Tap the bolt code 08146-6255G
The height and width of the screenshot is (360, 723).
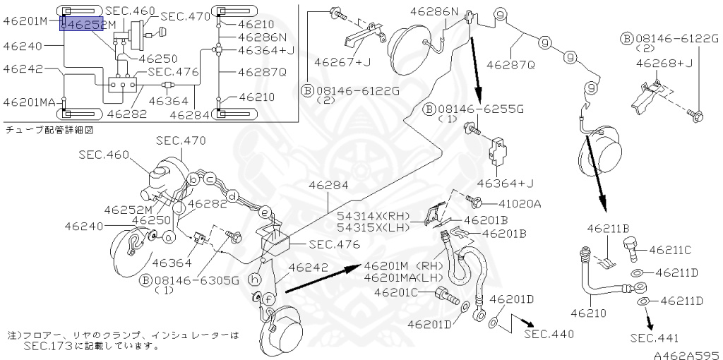(x=483, y=109)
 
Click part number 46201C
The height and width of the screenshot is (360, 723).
(x=397, y=292)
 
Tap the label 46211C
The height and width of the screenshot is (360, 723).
(x=670, y=250)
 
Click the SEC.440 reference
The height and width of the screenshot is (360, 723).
(x=549, y=333)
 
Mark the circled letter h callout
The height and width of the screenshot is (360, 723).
(x=256, y=280)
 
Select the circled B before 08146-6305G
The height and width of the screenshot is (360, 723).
(x=145, y=280)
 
